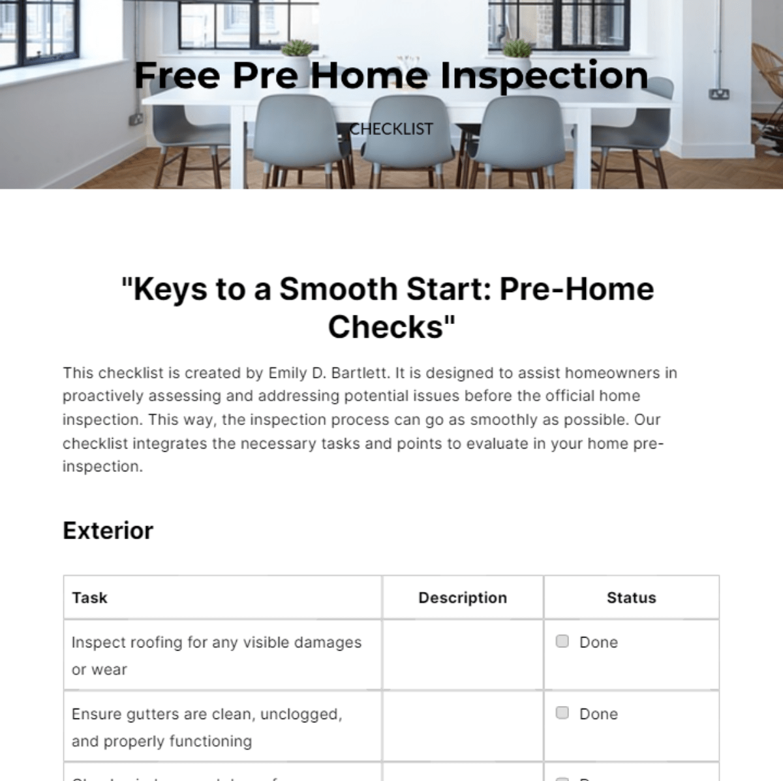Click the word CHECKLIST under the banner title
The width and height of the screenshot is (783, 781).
click(391, 129)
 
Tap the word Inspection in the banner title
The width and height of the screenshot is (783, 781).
click(544, 75)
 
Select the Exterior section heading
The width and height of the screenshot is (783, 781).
click(108, 531)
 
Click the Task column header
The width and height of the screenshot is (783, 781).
click(89, 598)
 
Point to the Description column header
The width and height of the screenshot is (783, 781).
click(463, 598)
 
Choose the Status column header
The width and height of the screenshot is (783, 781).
click(631, 598)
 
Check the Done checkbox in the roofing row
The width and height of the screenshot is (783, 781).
click(562, 641)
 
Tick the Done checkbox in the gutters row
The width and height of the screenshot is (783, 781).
click(562, 713)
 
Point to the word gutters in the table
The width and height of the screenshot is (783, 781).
click(155, 714)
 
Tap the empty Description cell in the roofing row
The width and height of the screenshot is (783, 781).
click(463, 655)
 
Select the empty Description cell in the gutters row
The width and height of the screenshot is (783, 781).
click(463, 726)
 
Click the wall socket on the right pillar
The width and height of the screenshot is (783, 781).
click(720, 94)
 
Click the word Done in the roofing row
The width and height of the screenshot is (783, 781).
click(598, 642)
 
